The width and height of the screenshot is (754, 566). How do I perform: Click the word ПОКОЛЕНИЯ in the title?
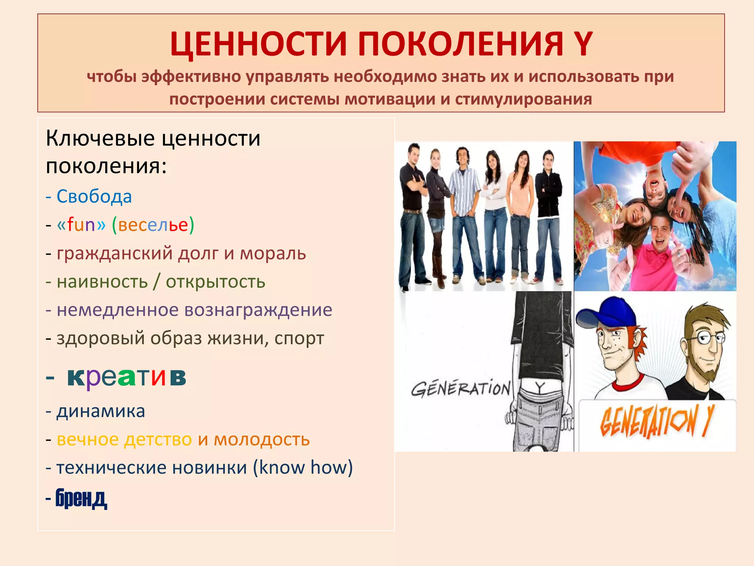[x=460, y=44]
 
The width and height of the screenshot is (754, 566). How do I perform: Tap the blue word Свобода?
[x=94, y=196]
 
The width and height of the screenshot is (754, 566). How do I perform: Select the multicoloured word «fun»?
[x=81, y=224]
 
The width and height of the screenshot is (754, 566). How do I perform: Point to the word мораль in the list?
[x=273, y=253]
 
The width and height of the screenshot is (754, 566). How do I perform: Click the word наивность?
[x=102, y=282]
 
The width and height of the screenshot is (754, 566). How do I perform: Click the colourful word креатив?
[x=127, y=377]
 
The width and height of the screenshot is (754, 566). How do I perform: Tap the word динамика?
[x=101, y=411]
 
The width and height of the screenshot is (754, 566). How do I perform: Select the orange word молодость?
[x=262, y=439]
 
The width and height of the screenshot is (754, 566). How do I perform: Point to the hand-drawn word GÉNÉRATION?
[x=460, y=389]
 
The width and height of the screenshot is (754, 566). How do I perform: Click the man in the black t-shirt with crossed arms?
[x=413, y=214]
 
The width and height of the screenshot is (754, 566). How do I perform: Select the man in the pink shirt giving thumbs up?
[x=663, y=254]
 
